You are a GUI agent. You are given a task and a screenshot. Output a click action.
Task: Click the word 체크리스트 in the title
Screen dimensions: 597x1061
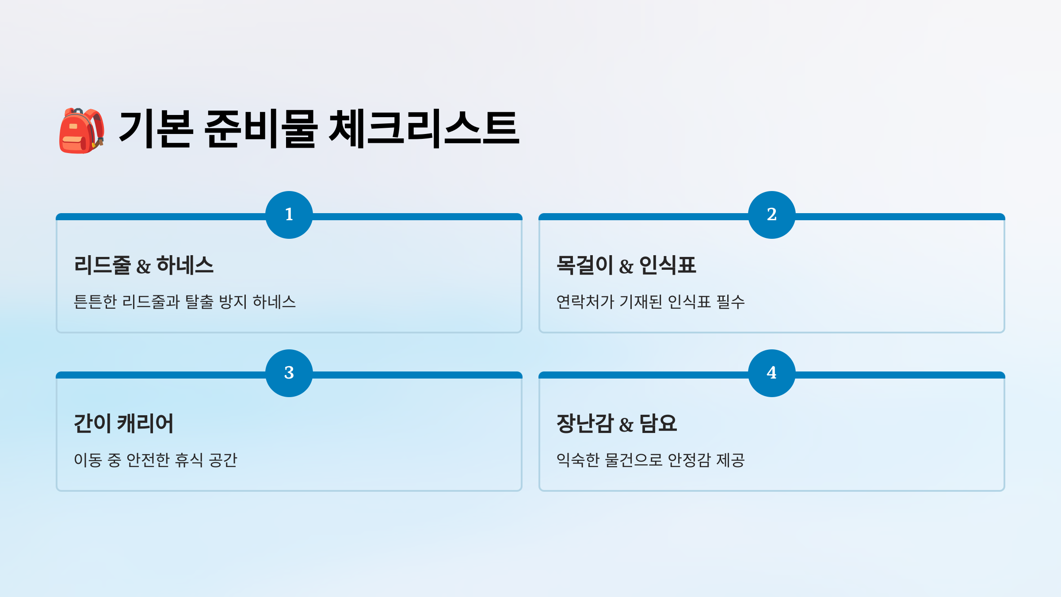pyautogui.click(x=424, y=129)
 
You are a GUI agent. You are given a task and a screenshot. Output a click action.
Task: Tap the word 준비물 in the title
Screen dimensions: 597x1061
pyautogui.click(x=261, y=129)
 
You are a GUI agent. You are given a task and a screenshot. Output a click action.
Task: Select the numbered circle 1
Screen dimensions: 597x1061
pyautogui.click(x=289, y=215)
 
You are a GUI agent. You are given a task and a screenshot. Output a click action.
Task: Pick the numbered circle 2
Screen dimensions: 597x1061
pyautogui.click(x=771, y=215)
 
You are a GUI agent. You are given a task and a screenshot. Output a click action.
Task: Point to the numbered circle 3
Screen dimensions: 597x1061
pyautogui.click(x=289, y=373)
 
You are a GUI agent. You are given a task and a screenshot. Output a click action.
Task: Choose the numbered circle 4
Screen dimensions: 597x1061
pyautogui.click(x=771, y=373)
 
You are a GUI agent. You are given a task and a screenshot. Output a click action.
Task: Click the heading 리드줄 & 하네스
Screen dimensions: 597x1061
pyautogui.click(x=144, y=265)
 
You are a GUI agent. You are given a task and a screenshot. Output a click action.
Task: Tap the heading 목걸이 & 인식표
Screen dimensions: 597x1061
pyautogui.click(x=626, y=265)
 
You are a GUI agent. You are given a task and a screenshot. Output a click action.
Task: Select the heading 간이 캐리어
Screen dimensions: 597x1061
pyautogui.click(x=123, y=424)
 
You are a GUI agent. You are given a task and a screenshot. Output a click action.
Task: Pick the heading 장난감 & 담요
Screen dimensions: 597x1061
pyautogui.click(x=616, y=424)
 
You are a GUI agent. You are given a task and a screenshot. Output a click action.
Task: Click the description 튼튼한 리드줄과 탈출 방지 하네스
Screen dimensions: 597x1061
pyautogui.click(x=184, y=302)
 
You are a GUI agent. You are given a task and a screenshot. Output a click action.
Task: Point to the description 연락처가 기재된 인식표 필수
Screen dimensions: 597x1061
pyautogui.click(x=650, y=302)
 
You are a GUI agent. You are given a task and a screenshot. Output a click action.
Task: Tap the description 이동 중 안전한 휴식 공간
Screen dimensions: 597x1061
pyautogui.click(x=155, y=460)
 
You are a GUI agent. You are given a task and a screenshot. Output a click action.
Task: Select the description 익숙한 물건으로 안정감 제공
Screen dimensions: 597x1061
pyautogui.click(x=650, y=460)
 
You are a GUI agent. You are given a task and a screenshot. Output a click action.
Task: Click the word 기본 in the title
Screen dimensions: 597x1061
pyautogui.click(x=156, y=129)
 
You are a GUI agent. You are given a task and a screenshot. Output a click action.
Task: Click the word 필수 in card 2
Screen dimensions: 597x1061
pyautogui.click(x=730, y=302)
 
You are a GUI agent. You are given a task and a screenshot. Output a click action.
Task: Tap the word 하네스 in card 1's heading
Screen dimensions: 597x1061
pyautogui.click(x=185, y=265)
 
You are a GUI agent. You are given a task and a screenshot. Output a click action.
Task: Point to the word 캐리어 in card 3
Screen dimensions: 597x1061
pyautogui.click(x=145, y=424)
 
